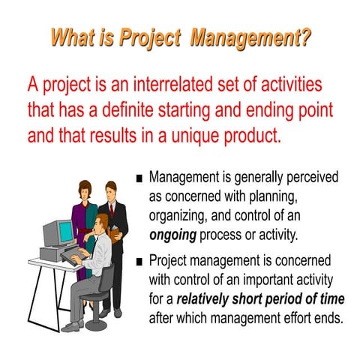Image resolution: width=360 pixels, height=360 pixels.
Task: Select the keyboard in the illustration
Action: [x=72, y=256]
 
